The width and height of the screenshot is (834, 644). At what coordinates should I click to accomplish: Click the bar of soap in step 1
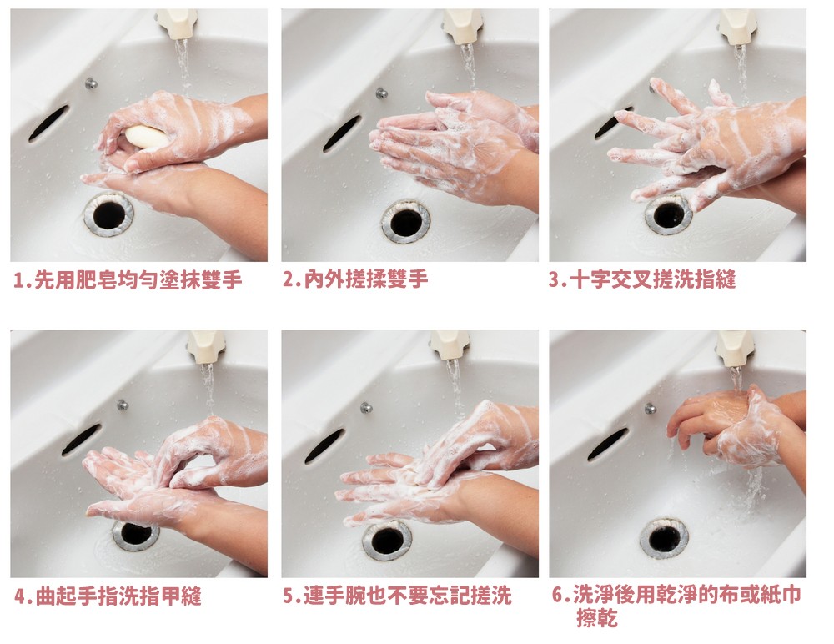(x=146, y=136)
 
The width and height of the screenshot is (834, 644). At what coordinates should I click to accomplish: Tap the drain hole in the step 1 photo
(x=108, y=214)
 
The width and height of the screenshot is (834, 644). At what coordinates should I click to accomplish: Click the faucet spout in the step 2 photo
(x=463, y=26)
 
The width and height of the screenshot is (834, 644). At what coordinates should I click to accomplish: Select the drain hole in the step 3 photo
(x=669, y=214)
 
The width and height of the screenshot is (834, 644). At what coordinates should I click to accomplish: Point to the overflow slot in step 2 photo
(x=342, y=133)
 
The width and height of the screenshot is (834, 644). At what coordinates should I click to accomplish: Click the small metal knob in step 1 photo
(x=92, y=83)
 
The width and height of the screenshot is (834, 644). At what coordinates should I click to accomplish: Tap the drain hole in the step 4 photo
(x=135, y=535)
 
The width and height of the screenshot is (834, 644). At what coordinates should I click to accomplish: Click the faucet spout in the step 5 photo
(x=450, y=345)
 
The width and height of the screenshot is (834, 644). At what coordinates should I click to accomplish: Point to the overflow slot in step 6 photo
(x=607, y=444)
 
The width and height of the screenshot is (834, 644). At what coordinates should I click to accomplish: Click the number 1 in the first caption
(x=19, y=280)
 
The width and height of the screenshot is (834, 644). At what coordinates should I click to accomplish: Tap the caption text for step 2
(x=355, y=279)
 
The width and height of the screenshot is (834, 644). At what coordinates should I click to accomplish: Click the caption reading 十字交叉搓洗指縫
(x=652, y=279)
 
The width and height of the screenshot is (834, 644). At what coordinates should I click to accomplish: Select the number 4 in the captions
(x=20, y=596)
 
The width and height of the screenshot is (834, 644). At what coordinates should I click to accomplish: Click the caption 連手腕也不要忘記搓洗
(x=408, y=596)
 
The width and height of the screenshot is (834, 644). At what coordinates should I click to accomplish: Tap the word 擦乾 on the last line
(x=597, y=618)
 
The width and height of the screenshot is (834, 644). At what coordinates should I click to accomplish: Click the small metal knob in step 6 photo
(x=650, y=408)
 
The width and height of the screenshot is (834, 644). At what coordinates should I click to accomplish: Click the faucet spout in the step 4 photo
(x=206, y=346)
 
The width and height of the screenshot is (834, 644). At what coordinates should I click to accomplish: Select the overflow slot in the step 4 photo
(x=81, y=440)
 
